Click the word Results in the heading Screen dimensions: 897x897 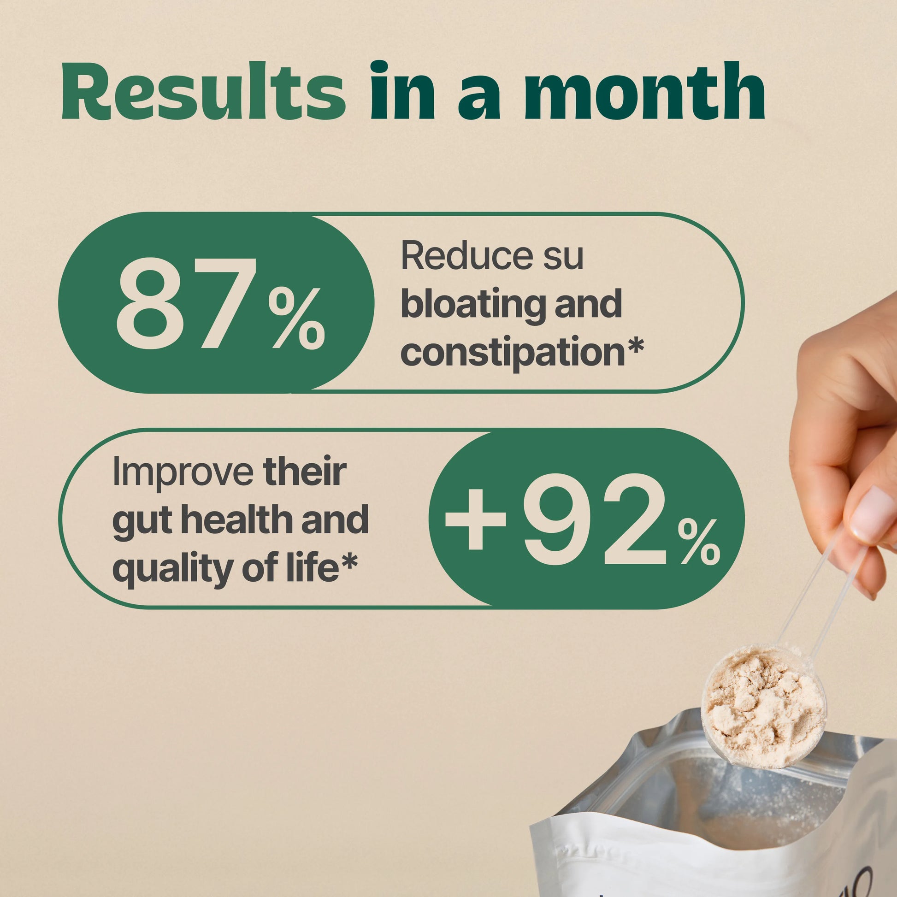pos(203,91)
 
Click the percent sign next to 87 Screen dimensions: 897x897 pos(296,318)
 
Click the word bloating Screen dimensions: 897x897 pos(472,305)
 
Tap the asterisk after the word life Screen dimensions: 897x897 pos(348,563)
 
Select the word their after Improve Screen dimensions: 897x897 pos(305,472)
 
